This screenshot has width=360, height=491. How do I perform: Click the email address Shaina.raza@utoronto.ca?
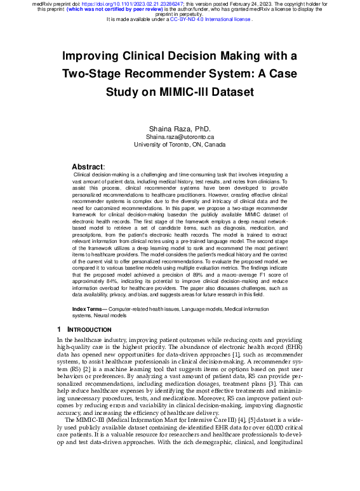click(180, 137)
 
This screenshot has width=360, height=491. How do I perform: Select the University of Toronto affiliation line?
click(180, 145)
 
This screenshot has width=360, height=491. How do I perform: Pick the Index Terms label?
click(86, 308)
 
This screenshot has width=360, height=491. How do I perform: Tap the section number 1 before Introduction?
click(59, 330)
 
